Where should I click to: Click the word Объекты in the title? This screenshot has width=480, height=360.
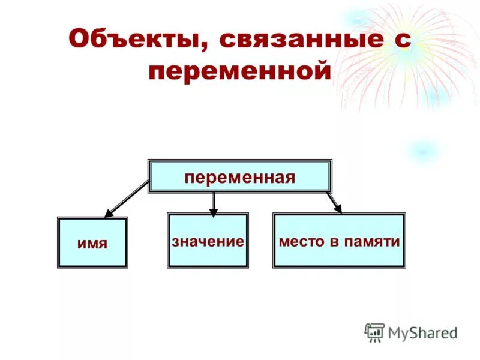tap(135, 40)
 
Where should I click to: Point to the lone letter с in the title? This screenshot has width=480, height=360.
tap(403, 41)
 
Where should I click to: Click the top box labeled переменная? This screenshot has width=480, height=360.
tap(240, 176)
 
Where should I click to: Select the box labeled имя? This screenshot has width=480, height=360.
tap(92, 242)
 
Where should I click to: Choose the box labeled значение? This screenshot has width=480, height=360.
tap(208, 241)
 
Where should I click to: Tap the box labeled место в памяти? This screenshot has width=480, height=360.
tap(339, 240)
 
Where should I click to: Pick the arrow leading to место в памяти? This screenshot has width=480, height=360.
tap(334, 202)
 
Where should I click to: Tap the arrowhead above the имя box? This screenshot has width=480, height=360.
tap(109, 213)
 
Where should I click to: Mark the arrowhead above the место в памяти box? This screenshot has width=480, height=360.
tap(338, 209)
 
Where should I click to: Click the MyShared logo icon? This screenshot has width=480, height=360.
tap(375, 332)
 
